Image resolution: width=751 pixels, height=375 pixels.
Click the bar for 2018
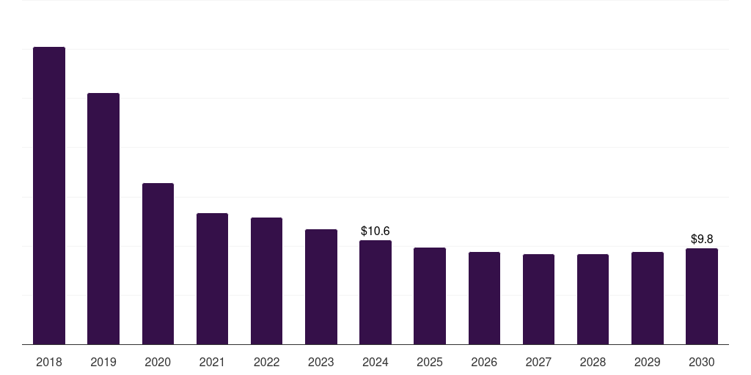pos(49,196)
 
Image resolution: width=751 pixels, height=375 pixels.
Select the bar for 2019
pos(103,218)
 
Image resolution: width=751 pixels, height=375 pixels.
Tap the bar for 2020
pos(158,264)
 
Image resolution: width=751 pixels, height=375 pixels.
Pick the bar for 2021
pos(212,278)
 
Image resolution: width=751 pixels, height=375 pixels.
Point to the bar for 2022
pos(266,281)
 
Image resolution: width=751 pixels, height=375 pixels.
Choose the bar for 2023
pos(321,286)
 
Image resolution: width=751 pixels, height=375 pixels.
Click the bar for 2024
pos(375,292)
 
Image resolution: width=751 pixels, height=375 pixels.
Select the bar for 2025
pos(430,296)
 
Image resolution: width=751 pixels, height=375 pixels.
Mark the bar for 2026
pos(484,298)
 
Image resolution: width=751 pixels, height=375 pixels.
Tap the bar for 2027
pos(538,299)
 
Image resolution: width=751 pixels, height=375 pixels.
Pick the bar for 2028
pos(593,299)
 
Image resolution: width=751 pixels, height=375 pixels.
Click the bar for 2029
pos(648,298)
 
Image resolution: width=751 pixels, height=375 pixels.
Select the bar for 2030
pos(702,296)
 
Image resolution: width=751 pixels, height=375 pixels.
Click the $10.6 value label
pos(375,231)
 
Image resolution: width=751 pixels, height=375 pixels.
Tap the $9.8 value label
pos(702,240)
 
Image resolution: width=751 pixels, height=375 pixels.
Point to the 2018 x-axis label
pos(49,363)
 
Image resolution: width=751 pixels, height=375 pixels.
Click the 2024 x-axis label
pos(375,363)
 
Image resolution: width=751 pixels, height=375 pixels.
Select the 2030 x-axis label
pos(702,363)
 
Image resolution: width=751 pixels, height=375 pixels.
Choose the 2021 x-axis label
pos(212,363)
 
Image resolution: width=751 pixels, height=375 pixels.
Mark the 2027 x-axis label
pos(538,363)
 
